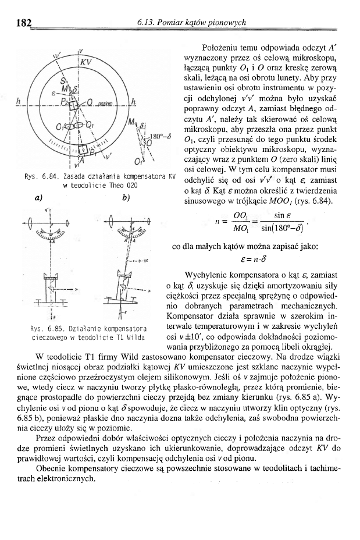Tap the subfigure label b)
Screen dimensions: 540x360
click(x=124, y=198)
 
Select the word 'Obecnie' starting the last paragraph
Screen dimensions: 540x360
click(x=52, y=468)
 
